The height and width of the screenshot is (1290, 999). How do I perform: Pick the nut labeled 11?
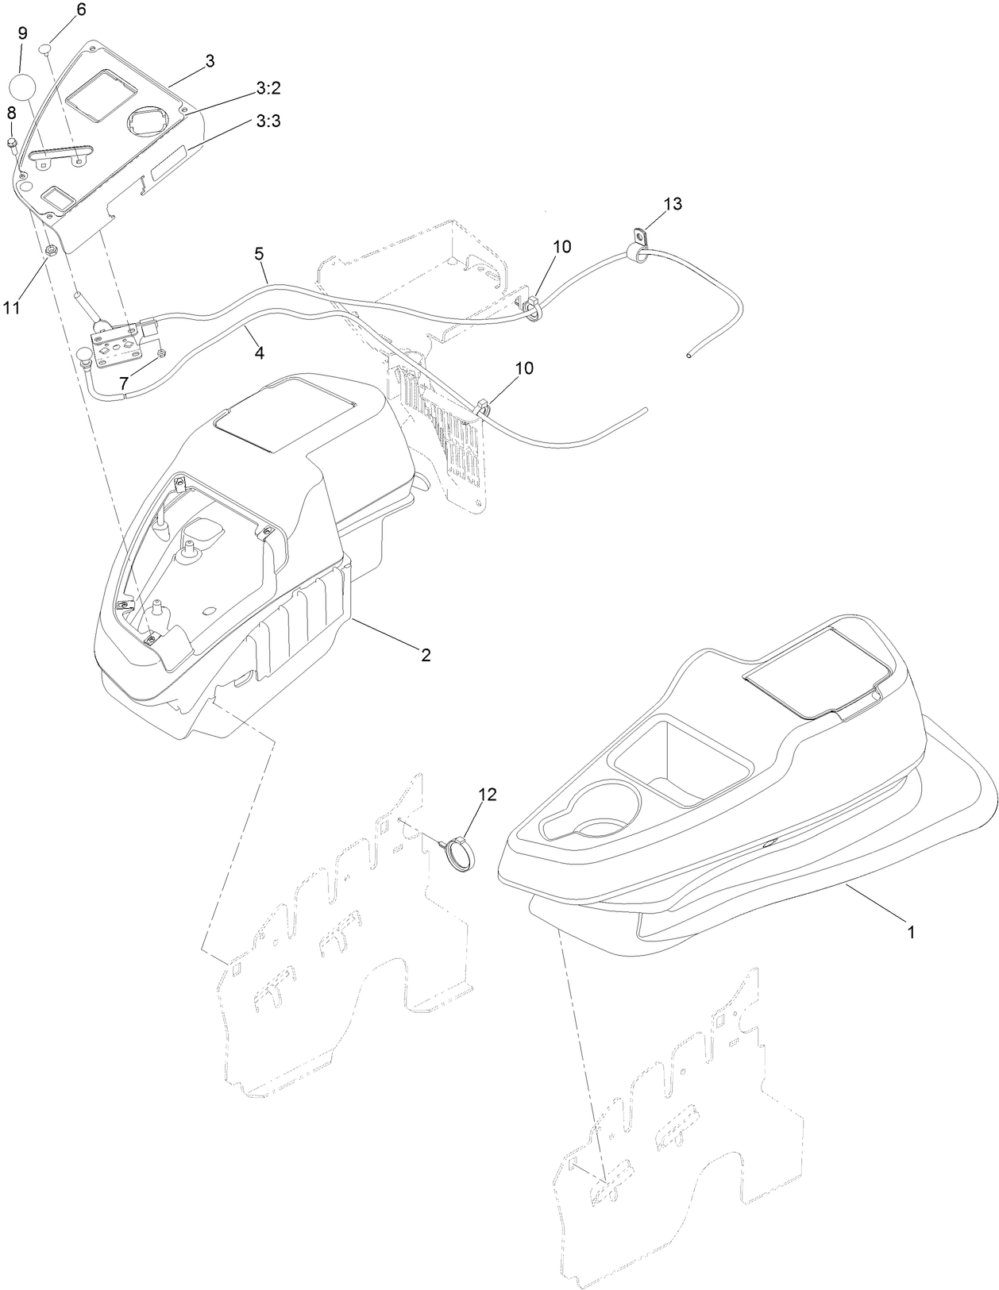[50, 252]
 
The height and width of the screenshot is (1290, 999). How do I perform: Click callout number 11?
[10, 308]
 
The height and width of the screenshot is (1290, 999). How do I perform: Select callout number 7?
[124, 383]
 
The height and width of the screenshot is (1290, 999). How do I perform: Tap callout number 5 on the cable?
[259, 253]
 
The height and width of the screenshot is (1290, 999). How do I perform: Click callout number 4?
[259, 353]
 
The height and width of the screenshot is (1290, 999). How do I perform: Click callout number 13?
[672, 204]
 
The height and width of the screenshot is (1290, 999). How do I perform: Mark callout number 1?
[911, 934]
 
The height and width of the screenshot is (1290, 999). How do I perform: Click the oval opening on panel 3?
[148, 122]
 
